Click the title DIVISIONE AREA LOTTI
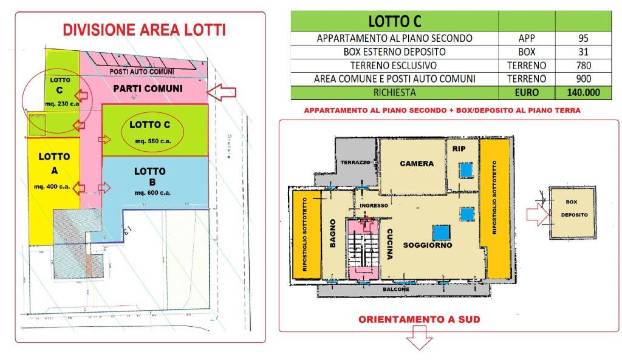(145, 30)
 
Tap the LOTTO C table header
(394, 22)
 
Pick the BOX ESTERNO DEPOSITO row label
(394, 52)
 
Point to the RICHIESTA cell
(394, 93)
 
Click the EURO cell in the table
(527, 93)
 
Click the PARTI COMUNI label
(148, 89)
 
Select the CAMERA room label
(417, 163)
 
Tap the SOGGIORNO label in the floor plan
(432, 246)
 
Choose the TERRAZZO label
(355, 163)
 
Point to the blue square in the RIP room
(466, 169)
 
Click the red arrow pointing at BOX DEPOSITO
(536, 212)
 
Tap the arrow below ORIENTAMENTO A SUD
(418, 339)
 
